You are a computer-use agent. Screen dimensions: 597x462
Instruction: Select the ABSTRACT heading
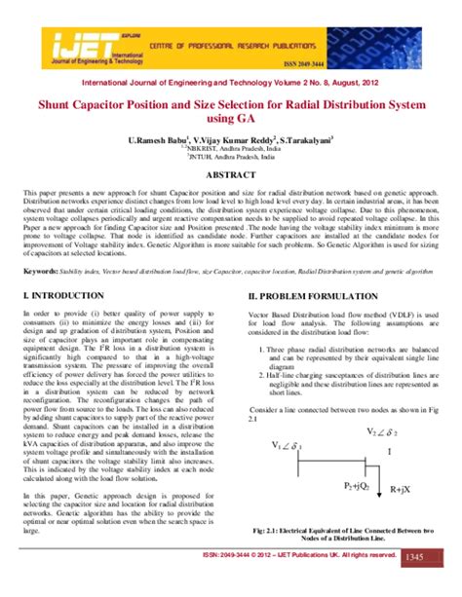[x=230, y=176]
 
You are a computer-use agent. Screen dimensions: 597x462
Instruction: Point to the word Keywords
[x=40, y=272]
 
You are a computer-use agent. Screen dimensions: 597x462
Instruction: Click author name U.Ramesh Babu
[x=155, y=141]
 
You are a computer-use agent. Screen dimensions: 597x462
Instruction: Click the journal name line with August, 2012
[x=230, y=86]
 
